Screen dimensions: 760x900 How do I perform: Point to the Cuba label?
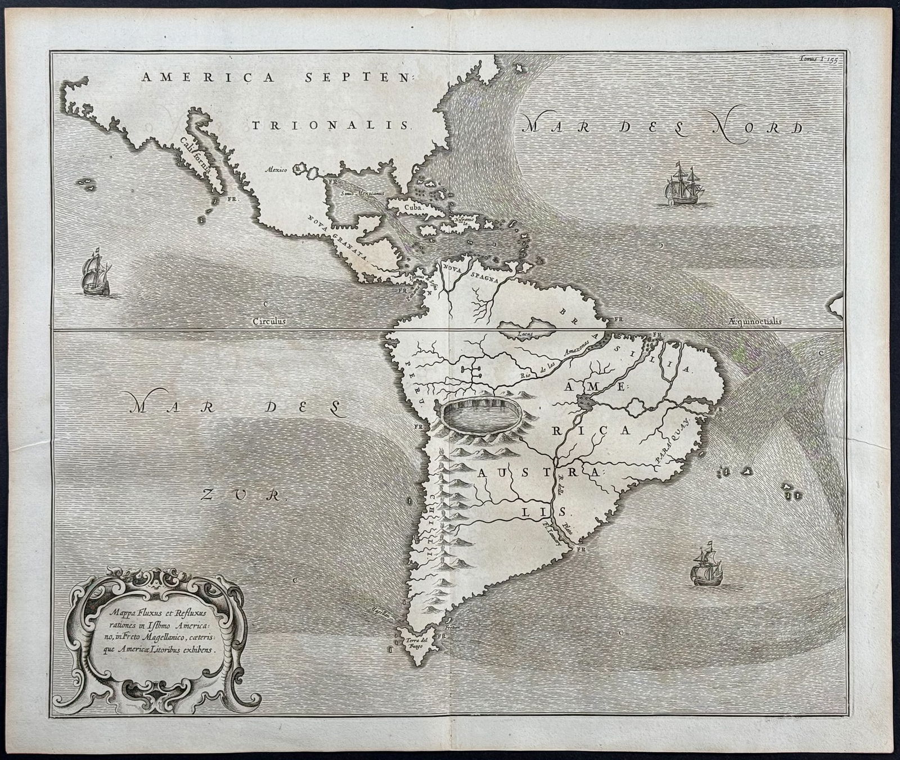point(409,207)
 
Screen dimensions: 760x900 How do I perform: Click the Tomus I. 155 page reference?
point(818,58)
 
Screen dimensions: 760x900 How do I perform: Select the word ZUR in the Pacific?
point(241,495)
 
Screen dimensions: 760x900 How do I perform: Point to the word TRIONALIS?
point(330,125)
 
